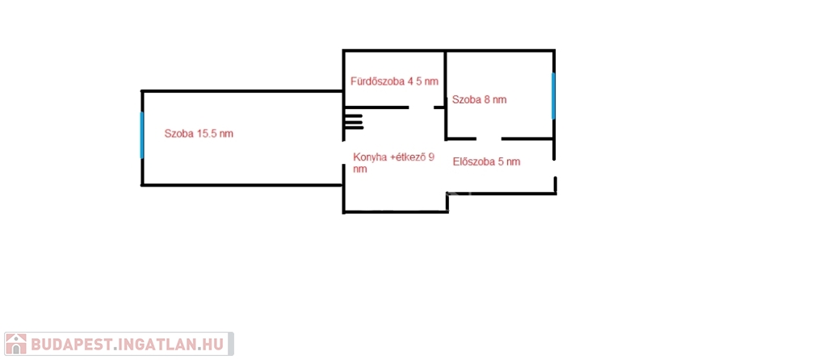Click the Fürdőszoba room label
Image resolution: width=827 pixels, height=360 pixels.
[394, 82]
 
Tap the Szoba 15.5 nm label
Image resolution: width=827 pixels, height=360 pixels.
[199, 134]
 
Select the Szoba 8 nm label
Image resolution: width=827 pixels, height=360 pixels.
[480, 99]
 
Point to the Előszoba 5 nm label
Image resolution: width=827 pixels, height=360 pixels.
[486, 161]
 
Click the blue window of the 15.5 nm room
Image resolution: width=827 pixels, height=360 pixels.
[142, 135]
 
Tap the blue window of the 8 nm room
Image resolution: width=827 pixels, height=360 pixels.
[553, 96]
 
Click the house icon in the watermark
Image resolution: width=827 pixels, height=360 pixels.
[16, 344]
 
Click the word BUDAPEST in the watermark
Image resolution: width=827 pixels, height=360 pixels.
[71, 344]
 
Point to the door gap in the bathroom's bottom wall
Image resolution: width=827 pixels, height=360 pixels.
[422, 107]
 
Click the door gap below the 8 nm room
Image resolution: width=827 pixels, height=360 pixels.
[489, 139]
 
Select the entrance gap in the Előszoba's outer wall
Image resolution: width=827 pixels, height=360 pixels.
[555, 169]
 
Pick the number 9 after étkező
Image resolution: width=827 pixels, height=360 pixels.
[431, 157]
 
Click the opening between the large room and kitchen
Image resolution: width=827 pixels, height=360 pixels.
[344, 153]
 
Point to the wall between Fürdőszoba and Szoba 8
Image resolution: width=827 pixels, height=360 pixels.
[446, 78]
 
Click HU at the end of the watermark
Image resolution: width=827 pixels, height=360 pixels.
[215, 344]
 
